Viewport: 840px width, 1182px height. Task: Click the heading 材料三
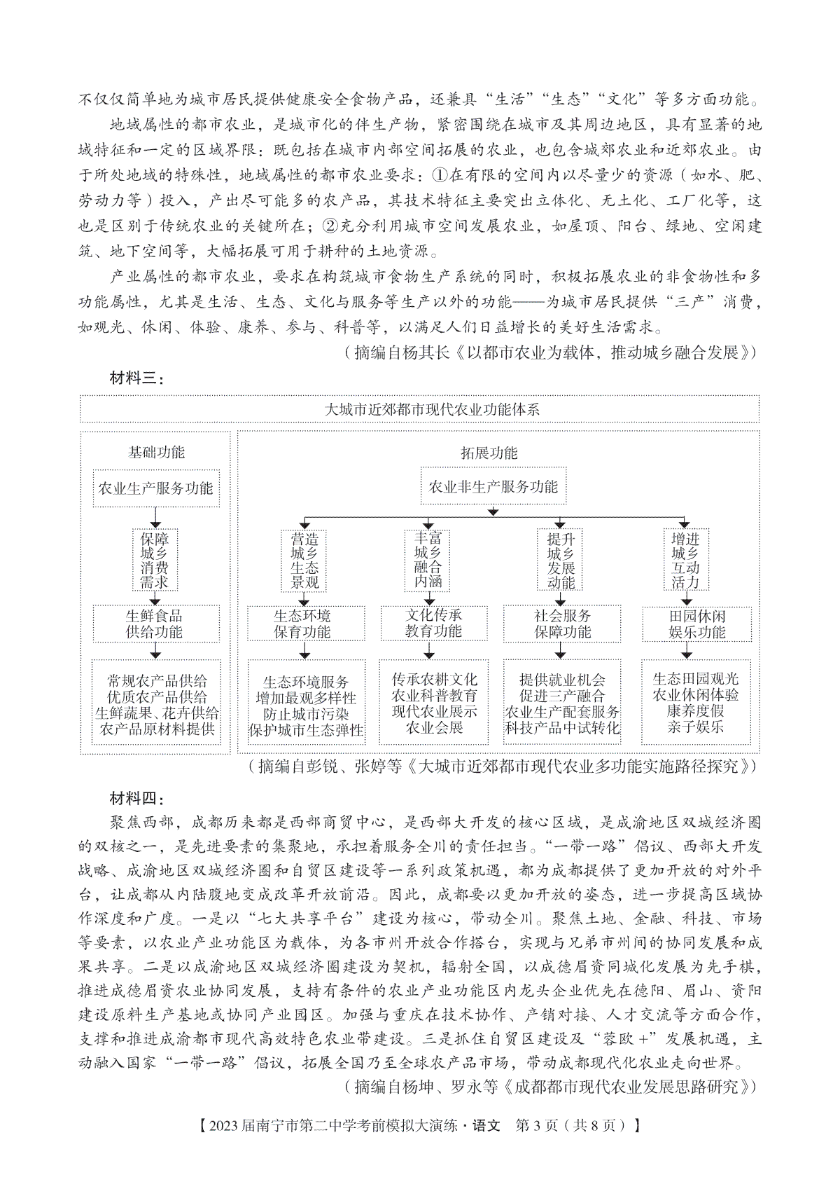tap(137, 379)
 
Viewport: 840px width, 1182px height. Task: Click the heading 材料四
tap(137, 798)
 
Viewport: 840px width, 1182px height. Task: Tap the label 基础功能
tap(156, 452)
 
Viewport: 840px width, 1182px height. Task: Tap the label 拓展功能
tap(489, 453)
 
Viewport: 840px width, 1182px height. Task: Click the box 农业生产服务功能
tap(156, 488)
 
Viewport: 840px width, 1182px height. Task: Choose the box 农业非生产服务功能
tap(493, 486)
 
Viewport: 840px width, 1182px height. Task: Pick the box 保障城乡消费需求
tap(155, 561)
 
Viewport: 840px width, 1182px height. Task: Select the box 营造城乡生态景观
tap(304, 561)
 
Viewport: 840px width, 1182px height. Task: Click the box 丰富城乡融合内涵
tap(428, 560)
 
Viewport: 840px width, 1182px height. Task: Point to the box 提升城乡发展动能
tap(561, 561)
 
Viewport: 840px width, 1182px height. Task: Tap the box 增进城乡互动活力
tap(685, 561)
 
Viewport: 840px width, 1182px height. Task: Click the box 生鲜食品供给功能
tap(155, 624)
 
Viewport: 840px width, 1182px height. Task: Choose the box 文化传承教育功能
tap(434, 623)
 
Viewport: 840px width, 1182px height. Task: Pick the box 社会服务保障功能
tap(562, 624)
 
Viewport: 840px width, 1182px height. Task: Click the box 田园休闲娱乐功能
tap(696, 624)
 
